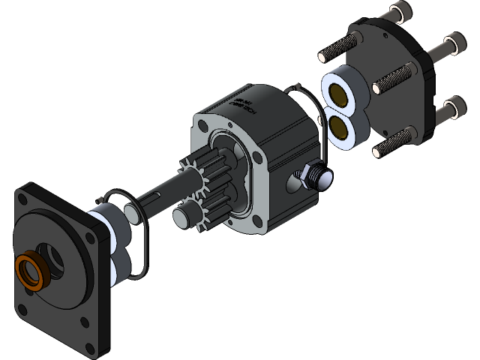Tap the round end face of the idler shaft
[x=181, y=217]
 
